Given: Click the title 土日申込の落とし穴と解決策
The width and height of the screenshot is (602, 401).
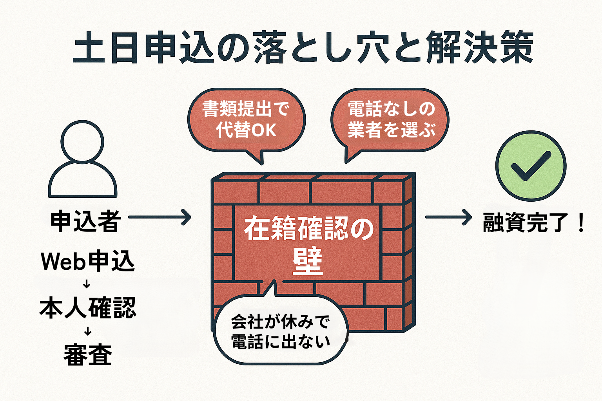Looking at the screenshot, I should click(303, 48).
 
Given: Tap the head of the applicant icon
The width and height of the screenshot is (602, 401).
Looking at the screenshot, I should click(83, 141).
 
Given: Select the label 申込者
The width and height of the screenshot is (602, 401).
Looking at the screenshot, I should click(85, 221).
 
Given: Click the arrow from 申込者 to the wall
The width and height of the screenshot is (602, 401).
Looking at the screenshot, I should click(160, 217).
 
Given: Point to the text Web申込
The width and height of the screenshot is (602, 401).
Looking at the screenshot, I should click(88, 261).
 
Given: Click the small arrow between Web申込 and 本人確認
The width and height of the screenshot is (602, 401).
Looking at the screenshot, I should click(87, 284).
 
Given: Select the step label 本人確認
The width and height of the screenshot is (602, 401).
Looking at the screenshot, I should click(88, 308).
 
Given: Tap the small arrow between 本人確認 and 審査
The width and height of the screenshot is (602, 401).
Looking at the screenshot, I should click(88, 332).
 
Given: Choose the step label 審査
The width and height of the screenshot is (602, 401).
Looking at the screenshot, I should click(88, 355).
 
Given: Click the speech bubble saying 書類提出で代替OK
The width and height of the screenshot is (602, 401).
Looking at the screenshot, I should click(246, 119).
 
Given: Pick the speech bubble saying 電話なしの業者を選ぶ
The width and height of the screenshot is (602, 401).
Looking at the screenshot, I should click(390, 119).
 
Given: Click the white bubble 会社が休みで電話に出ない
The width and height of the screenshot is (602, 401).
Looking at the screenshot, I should click(281, 331).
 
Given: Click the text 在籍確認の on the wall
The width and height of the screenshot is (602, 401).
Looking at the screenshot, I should click(308, 229).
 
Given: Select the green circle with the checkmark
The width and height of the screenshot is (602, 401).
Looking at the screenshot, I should click(531, 166).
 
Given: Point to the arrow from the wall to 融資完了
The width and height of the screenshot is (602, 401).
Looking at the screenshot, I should click(448, 217).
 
